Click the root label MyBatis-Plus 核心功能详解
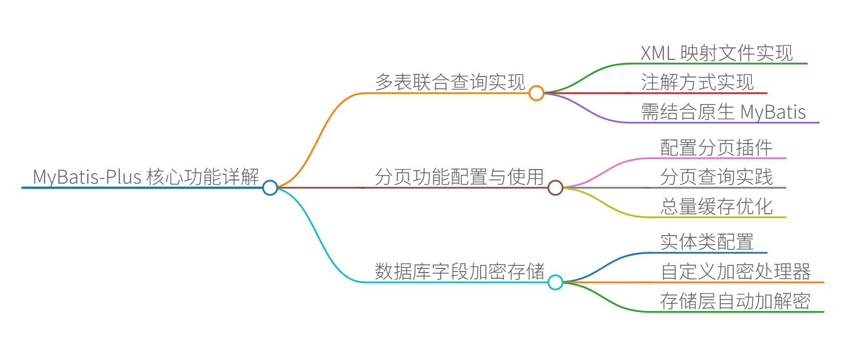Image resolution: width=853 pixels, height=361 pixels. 146,177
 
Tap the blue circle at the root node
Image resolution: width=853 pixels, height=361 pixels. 270,187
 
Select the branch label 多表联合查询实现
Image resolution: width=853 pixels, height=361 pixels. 450,82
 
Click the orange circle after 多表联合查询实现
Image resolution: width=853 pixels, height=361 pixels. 536,93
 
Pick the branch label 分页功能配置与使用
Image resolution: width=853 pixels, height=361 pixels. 459,177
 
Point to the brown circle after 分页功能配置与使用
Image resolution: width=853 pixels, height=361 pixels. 556,187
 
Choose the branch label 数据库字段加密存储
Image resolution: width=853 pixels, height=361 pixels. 459,272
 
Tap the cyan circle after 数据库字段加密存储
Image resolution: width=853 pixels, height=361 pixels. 556,282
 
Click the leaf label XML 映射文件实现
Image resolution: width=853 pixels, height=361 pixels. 717,53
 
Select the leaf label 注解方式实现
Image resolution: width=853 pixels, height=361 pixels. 697,82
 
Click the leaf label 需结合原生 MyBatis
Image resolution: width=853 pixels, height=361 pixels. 723,112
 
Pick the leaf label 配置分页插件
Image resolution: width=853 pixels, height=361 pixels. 716,148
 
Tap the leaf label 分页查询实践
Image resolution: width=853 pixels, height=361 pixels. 716,177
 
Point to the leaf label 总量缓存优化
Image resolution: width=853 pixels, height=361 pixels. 716,207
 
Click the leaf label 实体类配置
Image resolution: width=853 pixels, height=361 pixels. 707,242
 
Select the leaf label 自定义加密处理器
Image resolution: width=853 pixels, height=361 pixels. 735,272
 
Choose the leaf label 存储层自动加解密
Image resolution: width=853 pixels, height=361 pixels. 735,301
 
